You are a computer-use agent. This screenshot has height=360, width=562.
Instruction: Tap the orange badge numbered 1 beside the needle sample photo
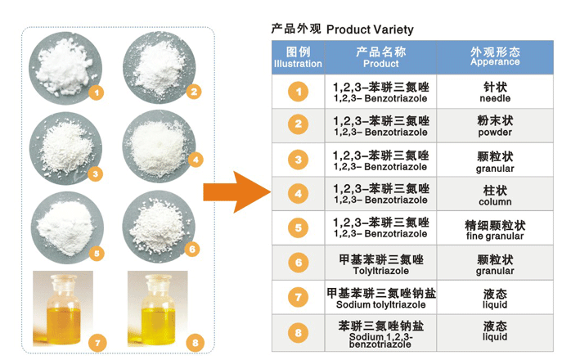click(97, 93)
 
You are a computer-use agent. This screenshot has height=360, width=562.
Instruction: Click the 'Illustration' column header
click(299, 57)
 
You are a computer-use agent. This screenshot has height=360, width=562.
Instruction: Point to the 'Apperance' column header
click(495, 57)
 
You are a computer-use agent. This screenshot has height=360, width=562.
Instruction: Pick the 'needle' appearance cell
click(495, 92)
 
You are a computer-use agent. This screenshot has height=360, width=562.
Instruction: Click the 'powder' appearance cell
click(495, 125)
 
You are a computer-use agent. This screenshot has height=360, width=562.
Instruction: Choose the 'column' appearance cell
click(495, 195)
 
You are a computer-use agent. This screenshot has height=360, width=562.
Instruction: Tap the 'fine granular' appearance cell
click(495, 229)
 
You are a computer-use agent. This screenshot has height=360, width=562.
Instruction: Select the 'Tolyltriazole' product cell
click(381, 263)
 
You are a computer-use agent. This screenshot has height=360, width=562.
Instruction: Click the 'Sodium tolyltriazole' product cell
click(381, 298)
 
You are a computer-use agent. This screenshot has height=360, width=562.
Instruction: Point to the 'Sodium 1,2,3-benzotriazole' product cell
click(381, 334)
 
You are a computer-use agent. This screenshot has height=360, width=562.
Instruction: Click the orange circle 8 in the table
click(299, 333)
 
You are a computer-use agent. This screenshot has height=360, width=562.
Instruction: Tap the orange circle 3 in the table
click(299, 160)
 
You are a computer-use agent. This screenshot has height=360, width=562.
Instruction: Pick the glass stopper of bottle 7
click(63, 280)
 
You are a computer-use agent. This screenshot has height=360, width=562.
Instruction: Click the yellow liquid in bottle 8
click(158, 325)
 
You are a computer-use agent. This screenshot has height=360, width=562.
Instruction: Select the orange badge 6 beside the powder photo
click(192, 250)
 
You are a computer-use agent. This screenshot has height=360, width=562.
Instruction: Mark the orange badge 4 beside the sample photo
click(196, 160)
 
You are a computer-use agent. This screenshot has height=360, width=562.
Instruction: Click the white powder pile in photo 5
click(65, 227)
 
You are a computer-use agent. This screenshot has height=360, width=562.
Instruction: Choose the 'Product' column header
click(381, 57)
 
